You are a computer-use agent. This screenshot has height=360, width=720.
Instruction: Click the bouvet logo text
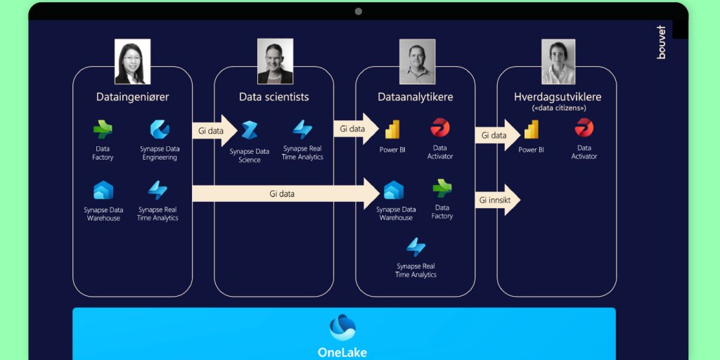(661, 42)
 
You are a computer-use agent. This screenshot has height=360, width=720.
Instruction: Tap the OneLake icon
(342, 328)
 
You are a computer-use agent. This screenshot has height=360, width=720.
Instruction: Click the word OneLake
(342, 352)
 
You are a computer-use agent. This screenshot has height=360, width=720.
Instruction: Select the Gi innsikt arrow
(497, 200)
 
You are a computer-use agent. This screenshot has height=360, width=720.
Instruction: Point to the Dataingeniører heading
(132, 97)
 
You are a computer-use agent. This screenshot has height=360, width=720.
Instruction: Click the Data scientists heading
(274, 97)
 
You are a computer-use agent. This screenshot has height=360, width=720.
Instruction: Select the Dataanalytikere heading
(415, 97)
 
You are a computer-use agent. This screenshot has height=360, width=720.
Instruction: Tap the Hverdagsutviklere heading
(557, 97)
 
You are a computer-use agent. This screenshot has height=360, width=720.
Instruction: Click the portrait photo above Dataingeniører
(132, 61)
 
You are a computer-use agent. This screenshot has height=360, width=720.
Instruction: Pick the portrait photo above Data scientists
(274, 61)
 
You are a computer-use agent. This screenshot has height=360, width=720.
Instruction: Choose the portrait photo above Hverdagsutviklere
(558, 61)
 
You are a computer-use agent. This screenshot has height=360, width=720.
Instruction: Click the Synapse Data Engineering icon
(160, 129)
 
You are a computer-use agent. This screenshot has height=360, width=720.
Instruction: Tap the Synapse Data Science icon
(249, 131)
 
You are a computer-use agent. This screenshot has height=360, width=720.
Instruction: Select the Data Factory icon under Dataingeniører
(103, 129)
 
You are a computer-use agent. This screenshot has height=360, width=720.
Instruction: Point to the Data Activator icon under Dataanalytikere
(440, 128)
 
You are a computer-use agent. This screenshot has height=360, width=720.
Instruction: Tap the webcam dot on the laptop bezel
(359, 11)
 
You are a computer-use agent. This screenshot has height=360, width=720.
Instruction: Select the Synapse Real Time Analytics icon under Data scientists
(302, 129)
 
